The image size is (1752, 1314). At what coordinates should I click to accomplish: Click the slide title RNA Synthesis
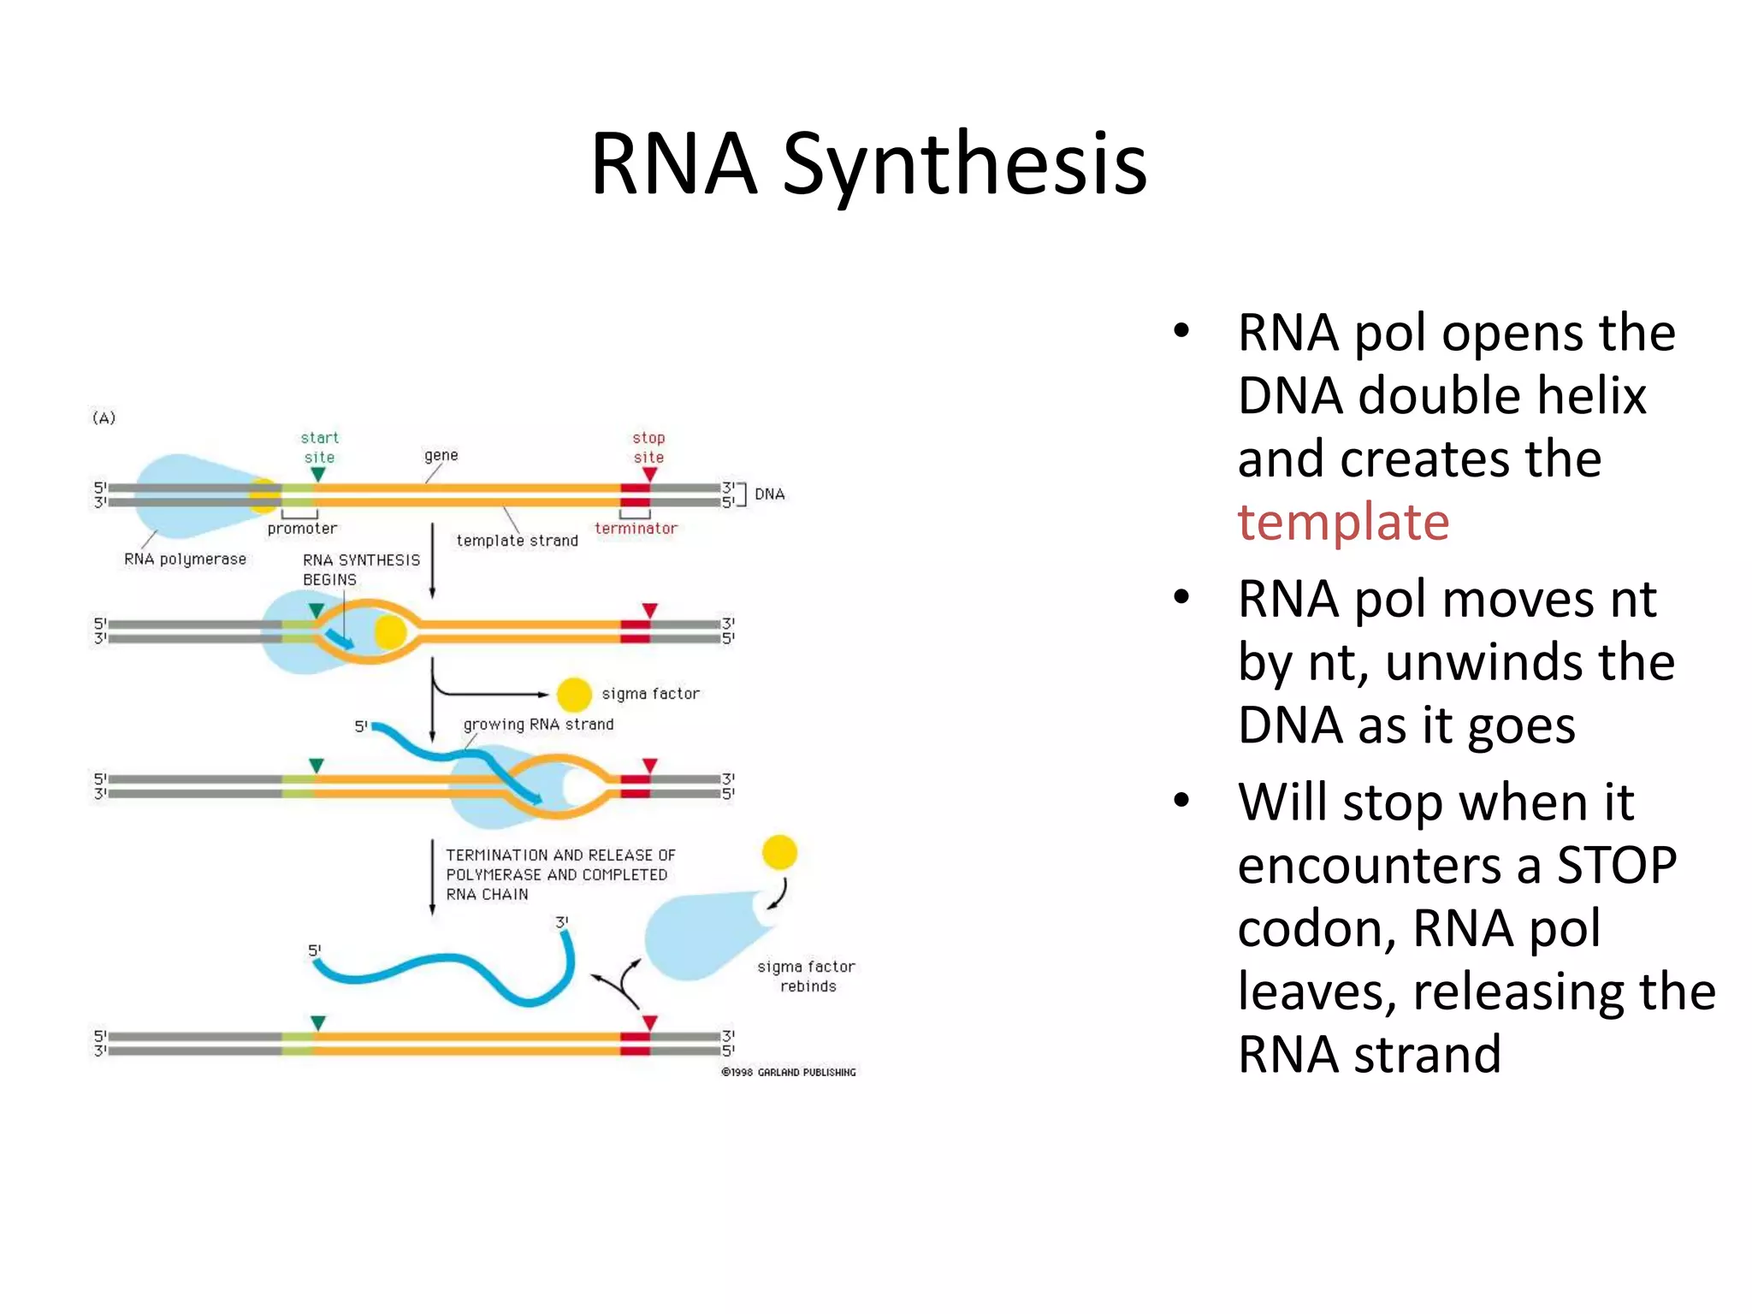pos(868,164)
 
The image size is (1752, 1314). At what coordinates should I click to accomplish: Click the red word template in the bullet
pos(1342,523)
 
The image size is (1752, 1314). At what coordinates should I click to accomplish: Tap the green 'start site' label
pos(319,447)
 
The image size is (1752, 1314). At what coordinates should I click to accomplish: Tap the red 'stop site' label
pos(648,447)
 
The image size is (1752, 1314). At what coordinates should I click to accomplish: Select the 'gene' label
pos(441,455)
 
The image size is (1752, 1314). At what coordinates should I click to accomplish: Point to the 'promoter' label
pos(302,529)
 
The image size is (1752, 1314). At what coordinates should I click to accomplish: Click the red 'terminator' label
pos(636,529)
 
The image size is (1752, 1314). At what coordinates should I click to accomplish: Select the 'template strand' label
pos(517,541)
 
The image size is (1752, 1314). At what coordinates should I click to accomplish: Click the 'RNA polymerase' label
pos(185,559)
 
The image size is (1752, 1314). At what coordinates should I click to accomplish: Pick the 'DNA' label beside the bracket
pos(769,494)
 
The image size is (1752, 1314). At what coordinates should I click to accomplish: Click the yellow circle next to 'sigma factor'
pos(574,695)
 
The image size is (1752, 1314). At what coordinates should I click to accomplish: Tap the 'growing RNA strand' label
pos(538,725)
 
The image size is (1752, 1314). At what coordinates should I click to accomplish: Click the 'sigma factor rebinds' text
pos(806,976)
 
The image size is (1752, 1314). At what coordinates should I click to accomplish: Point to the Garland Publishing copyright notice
pos(788,1072)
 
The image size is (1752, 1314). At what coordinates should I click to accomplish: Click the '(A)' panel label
pos(104,417)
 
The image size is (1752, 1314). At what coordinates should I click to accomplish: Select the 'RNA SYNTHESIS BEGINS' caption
pos(360,570)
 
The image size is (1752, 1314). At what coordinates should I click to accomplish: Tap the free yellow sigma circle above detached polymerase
pos(779,852)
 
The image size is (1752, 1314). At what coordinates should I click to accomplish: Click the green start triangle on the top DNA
pos(318,474)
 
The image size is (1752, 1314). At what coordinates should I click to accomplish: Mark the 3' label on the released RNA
pos(562,922)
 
